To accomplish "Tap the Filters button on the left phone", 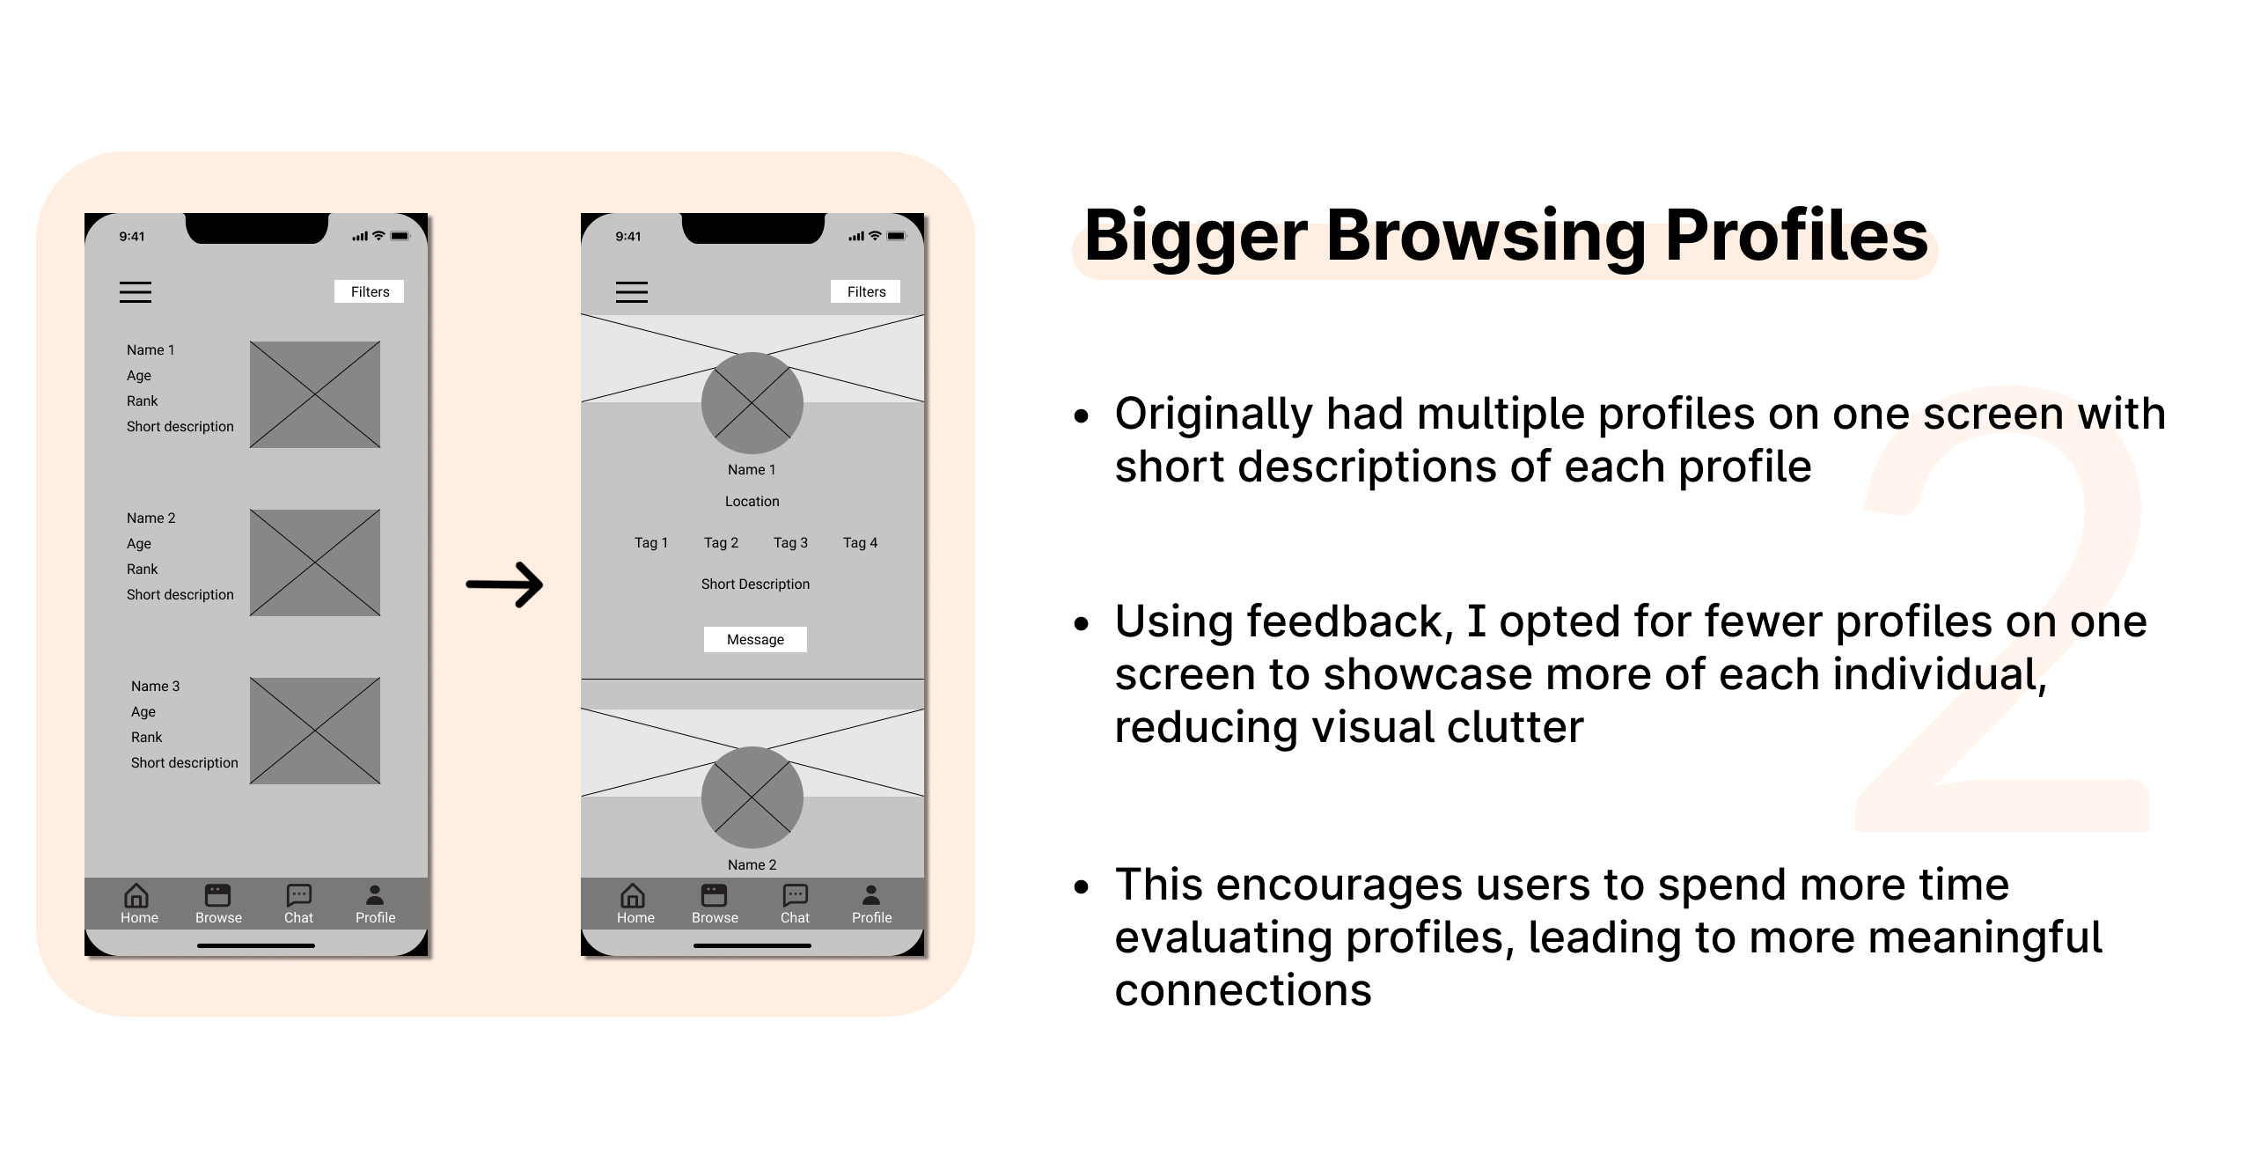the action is [370, 291].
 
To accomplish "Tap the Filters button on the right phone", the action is [866, 291].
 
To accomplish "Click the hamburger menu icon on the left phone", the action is [136, 292].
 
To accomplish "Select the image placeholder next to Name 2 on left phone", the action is [315, 562].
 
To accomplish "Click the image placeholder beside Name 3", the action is [315, 731].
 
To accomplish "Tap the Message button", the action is [755, 639].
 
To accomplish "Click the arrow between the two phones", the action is [504, 584].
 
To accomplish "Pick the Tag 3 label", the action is [790, 543].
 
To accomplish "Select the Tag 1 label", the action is [651, 543].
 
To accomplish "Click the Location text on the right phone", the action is [752, 502].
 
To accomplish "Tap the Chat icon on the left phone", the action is [299, 895].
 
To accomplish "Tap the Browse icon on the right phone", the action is [714, 895].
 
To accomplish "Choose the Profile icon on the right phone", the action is [871, 895].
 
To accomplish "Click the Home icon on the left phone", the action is [136, 895].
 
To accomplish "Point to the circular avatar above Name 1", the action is [752, 403].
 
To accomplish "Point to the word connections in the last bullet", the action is [1244, 990].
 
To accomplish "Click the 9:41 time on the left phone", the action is [132, 236].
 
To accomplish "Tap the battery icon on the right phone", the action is [897, 236].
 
